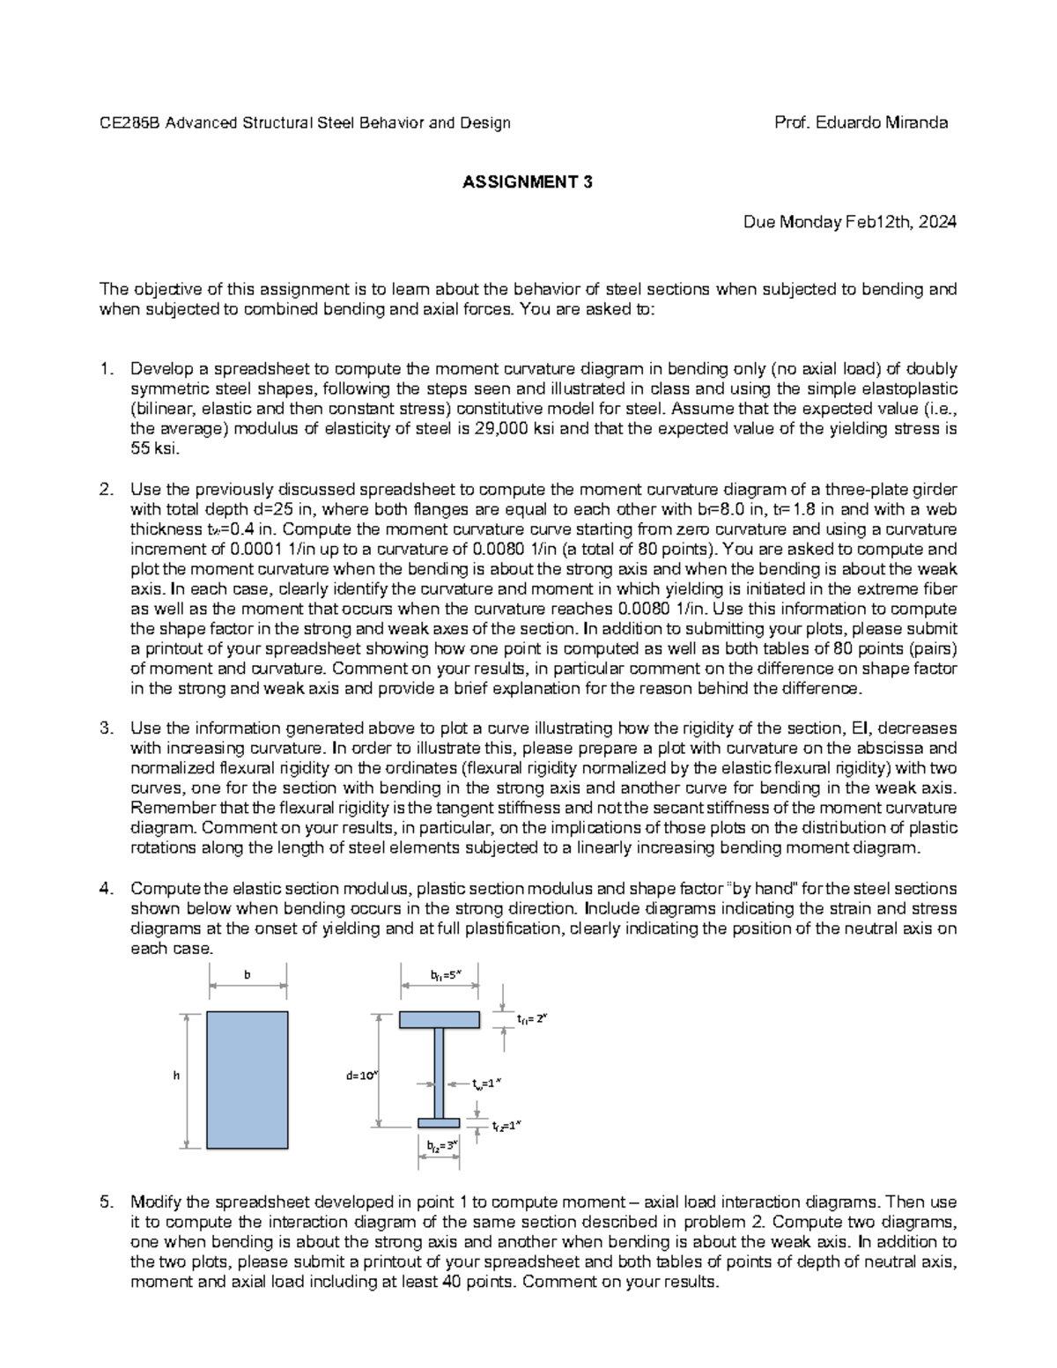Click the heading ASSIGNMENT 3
click(528, 182)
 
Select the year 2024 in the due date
click(936, 222)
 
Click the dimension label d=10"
click(361, 1075)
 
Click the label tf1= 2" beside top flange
click(532, 1018)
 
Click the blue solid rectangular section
click(248, 1079)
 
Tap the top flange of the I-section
click(440, 1019)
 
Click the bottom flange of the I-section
click(439, 1122)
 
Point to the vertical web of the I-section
click(439, 1070)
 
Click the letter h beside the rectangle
click(177, 1075)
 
